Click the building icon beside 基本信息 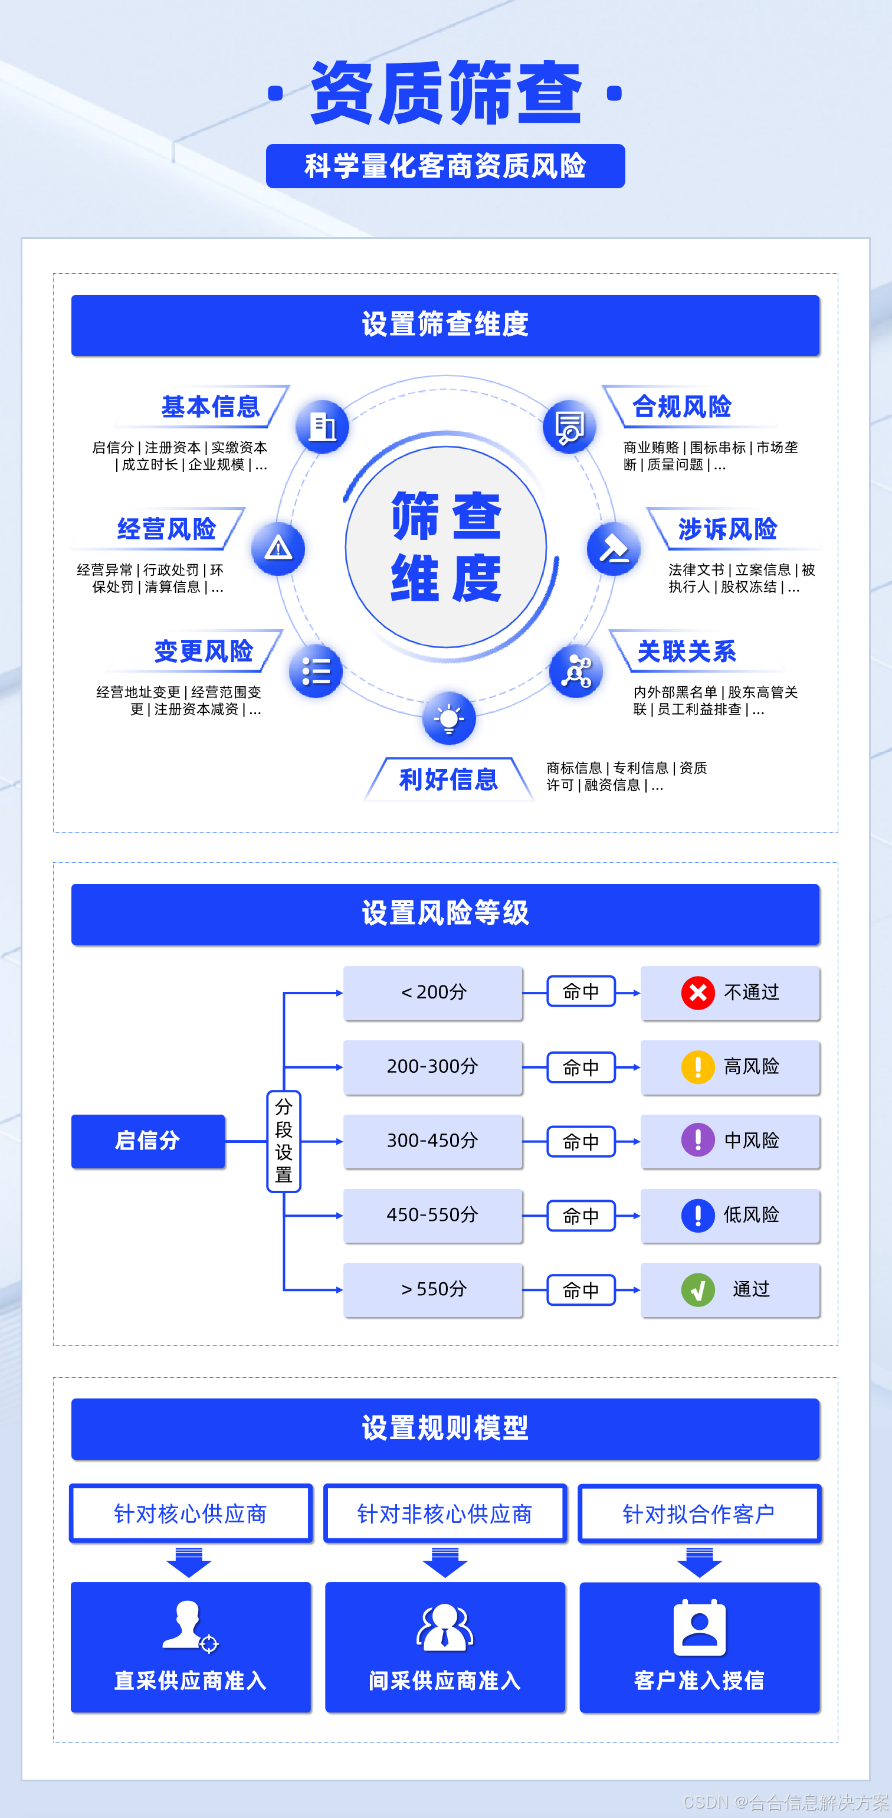[323, 426]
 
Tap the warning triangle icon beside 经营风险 [278, 548]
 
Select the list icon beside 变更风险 [316, 670]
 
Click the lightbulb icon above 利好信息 [449, 719]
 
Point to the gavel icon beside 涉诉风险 [614, 548]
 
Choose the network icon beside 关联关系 [576, 670]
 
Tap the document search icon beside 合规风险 [569, 426]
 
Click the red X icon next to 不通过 [697, 992]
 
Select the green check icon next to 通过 [697, 1289]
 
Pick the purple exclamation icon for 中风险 [697, 1141]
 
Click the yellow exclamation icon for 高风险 [697, 1066]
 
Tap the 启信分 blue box [148, 1141]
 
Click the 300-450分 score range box [432, 1141]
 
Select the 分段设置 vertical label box [284, 1141]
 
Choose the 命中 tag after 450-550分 [581, 1216]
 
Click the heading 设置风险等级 [445, 913]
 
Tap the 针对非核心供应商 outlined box [445, 1513]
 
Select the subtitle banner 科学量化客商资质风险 [445, 166]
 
